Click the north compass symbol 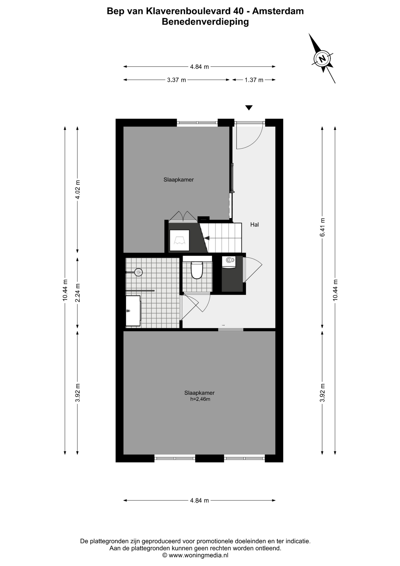[323, 58]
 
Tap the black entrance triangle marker [249, 108]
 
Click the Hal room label [254, 225]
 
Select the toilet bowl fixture [197, 270]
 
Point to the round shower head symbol [138, 272]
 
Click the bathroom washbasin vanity [133, 311]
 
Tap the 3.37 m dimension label [176, 80]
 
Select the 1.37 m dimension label [254, 80]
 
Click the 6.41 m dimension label [323, 227]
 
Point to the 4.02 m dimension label [78, 190]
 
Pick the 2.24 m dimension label [78, 293]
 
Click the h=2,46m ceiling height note [200, 399]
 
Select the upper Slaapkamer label [178, 180]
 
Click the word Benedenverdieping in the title [205, 22]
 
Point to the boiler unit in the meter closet [229, 262]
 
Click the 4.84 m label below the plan [199, 500]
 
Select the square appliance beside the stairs [179, 240]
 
